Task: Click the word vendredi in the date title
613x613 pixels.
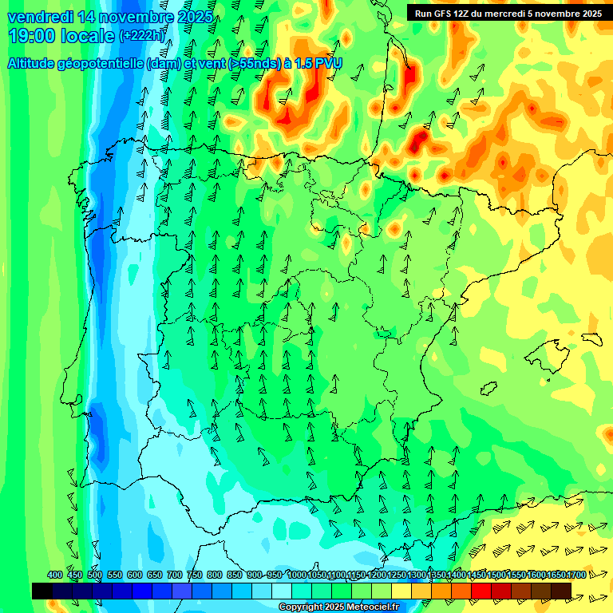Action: [40, 17]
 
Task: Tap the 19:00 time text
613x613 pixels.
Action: [32, 36]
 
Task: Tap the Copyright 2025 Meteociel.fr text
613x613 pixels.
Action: [338, 607]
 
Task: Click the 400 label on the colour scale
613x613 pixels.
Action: [55, 575]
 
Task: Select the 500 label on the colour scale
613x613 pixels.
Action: [95, 575]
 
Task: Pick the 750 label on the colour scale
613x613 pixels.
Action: [195, 575]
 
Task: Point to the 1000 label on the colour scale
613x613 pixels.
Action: [297, 575]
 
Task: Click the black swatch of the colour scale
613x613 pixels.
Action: [42, 591]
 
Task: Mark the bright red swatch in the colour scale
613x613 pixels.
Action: [481, 591]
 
